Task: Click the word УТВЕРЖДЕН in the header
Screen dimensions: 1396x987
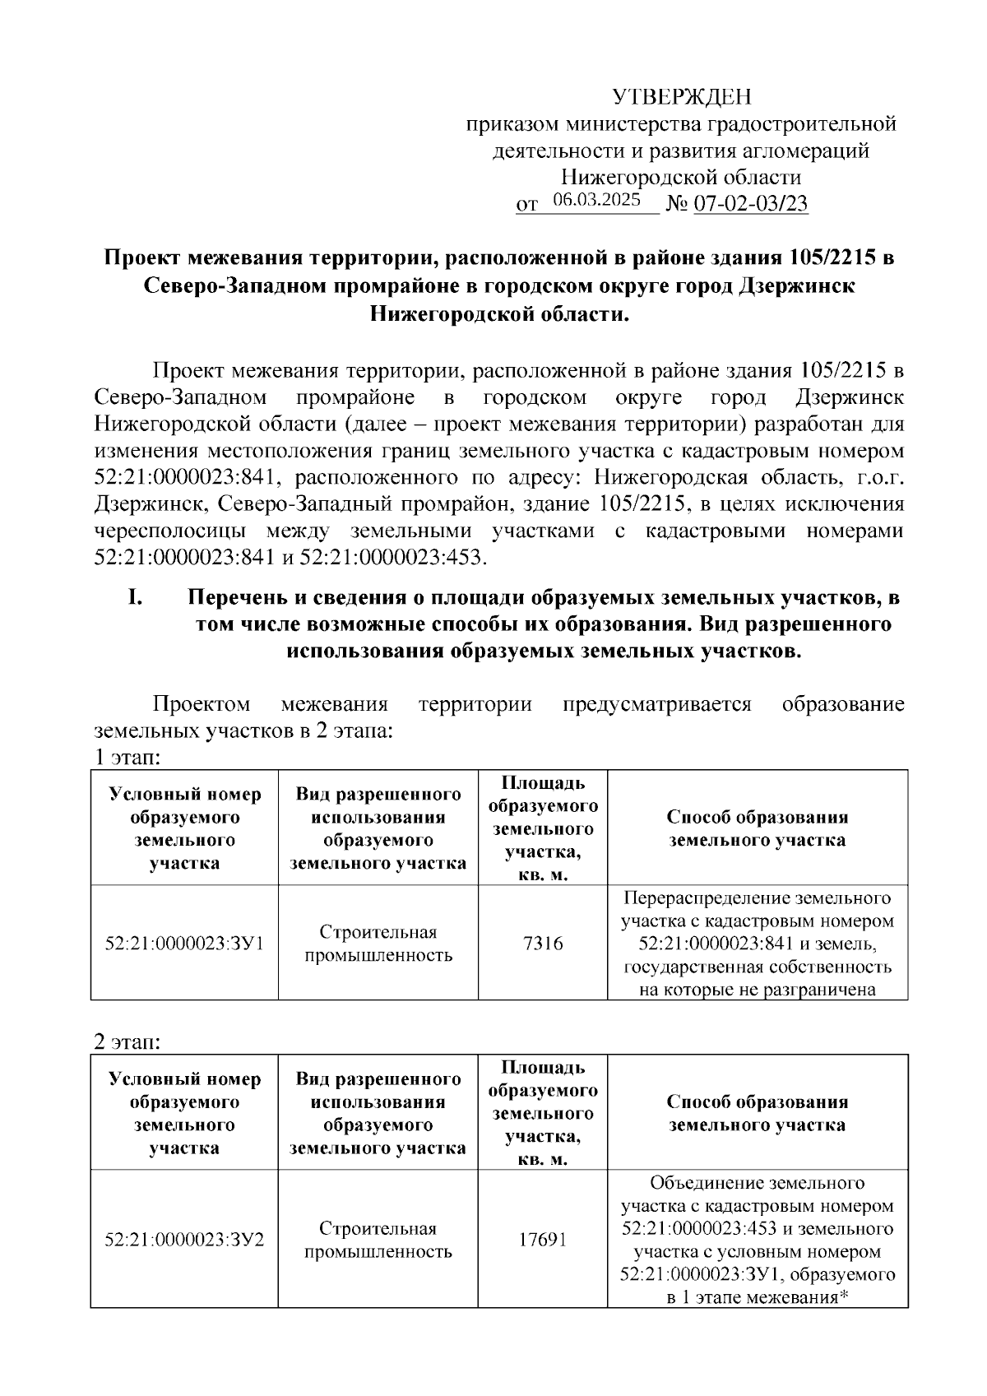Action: tap(682, 98)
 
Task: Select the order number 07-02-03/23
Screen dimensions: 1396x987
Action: tap(751, 204)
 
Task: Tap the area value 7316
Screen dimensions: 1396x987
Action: tap(543, 944)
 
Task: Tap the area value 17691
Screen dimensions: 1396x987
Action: tap(543, 1240)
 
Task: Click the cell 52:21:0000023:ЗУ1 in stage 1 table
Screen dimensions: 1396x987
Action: tap(184, 944)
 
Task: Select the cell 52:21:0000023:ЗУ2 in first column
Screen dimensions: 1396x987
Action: tap(184, 1240)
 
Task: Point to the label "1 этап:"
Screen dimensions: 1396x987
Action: tap(127, 757)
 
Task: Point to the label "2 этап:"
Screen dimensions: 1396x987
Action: tap(127, 1041)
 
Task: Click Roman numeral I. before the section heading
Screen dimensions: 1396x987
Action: tap(136, 597)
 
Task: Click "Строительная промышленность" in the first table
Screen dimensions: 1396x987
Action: tap(378, 944)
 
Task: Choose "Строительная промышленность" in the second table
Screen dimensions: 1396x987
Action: tap(378, 1240)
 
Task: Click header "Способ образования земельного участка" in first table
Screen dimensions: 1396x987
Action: tap(758, 828)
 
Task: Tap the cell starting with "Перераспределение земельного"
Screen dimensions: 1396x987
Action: tap(758, 944)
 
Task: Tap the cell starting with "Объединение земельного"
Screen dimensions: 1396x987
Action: tap(758, 1240)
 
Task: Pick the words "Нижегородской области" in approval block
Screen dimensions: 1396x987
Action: tap(681, 177)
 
